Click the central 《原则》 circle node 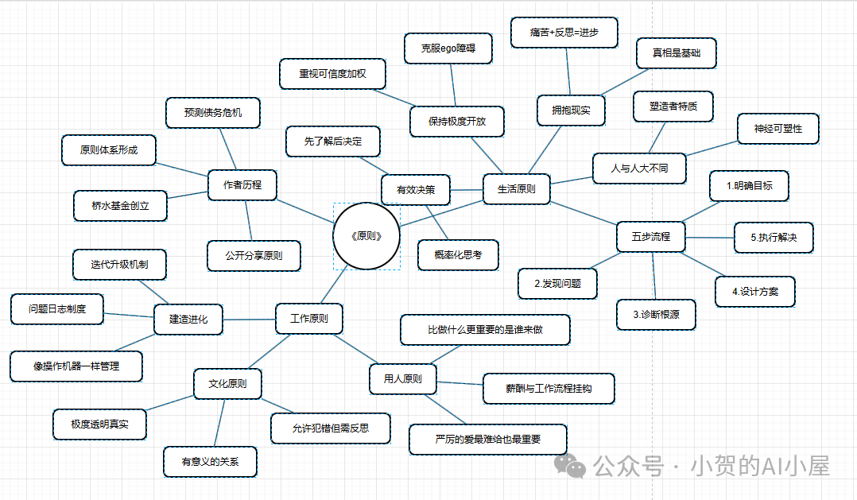tap(366, 235)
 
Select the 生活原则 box tap(517, 189)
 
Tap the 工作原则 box tap(309, 319)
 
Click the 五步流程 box tap(651, 236)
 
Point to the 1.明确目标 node tap(748, 186)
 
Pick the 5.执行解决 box tap(773, 238)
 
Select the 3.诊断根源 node tap(657, 314)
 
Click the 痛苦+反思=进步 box tap(564, 33)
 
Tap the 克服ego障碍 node tap(448, 48)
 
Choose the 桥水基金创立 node tap(120, 206)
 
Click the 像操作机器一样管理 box tap(76, 366)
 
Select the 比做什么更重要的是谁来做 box tap(485, 330)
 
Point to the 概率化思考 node tap(458, 254)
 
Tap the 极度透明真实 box tap(99, 424)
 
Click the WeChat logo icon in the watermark tap(569, 463)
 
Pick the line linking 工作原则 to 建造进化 tap(249, 320)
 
